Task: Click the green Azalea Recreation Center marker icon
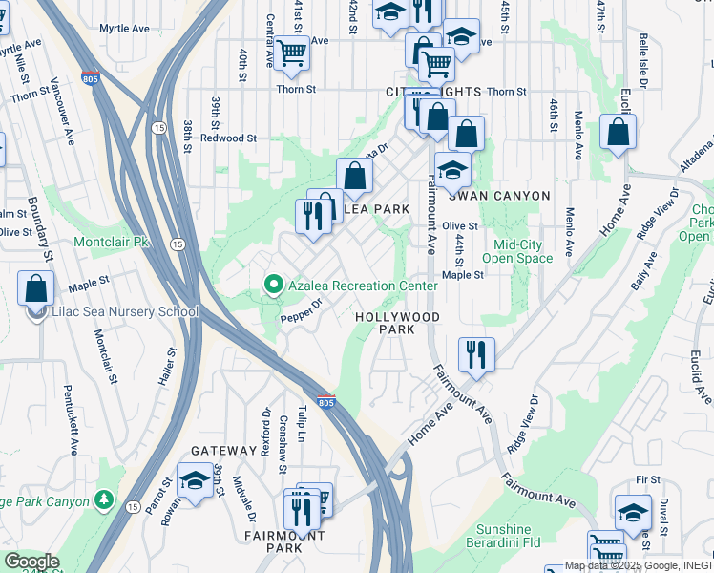273,286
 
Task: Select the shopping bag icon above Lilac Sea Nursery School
35,288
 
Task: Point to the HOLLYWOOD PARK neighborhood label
397,323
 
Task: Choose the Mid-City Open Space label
517,251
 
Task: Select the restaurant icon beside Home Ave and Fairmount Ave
474,355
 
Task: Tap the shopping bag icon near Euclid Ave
618,132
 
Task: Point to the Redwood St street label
228,138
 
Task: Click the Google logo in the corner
31,562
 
